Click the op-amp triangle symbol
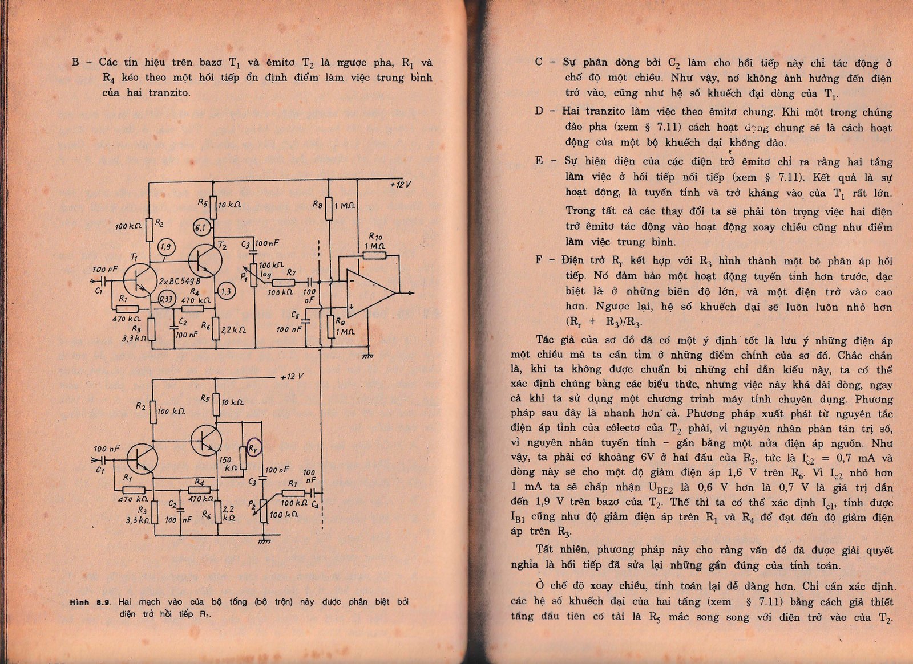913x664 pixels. [x=368, y=293]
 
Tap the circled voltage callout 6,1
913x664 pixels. [x=201, y=227]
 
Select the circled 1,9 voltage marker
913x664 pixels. [x=166, y=247]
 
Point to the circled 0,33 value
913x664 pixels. [x=166, y=299]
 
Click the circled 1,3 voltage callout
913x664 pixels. [x=226, y=291]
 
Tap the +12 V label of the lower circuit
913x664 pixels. [x=292, y=377]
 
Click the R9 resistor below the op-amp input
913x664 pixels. [x=330, y=327]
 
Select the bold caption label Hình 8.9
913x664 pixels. [x=90, y=602]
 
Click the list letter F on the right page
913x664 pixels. [x=539, y=260]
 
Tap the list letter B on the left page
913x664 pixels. [x=75, y=62]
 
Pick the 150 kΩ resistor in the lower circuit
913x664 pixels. [x=243, y=458]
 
